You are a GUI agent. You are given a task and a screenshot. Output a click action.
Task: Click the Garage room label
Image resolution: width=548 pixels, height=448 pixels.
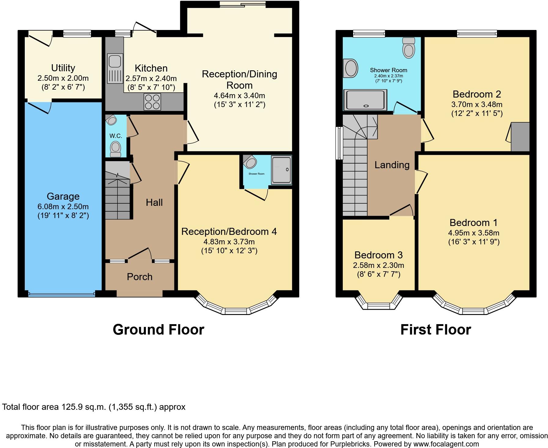click(63, 196)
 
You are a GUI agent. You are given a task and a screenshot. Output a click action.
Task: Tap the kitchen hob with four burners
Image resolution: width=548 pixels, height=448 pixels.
click(152, 102)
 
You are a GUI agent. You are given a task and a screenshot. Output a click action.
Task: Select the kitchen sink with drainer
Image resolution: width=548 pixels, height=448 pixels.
click(115, 68)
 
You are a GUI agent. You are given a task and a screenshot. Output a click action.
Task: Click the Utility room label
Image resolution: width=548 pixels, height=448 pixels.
click(63, 68)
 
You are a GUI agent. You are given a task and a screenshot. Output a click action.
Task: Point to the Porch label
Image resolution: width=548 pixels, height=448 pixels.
click(139, 277)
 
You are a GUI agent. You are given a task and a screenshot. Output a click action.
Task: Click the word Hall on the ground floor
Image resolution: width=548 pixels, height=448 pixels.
click(154, 202)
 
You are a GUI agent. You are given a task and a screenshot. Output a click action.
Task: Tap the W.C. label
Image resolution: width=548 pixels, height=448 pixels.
click(116, 136)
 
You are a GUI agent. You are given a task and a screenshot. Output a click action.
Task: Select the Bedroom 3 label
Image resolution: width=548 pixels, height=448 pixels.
click(378, 255)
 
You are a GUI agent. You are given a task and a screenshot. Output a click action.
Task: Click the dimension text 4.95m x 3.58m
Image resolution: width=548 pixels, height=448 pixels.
click(473, 233)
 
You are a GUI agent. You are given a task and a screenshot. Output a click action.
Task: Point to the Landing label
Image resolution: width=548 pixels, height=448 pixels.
click(392, 165)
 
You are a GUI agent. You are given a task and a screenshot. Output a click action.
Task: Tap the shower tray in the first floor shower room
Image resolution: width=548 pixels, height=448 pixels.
click(365, 100)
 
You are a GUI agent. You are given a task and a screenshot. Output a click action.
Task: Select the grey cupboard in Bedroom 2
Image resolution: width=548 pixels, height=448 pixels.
click(520, 137)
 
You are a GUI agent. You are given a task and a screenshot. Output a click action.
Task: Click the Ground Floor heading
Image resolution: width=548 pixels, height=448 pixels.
click(158, 330)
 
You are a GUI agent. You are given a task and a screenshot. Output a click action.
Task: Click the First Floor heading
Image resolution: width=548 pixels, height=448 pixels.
click(435, 330)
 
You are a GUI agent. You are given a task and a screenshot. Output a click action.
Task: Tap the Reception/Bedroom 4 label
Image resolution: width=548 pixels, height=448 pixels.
click(229, 232)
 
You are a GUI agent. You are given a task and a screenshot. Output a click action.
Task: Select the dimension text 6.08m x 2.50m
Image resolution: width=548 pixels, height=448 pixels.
click(63, 206)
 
